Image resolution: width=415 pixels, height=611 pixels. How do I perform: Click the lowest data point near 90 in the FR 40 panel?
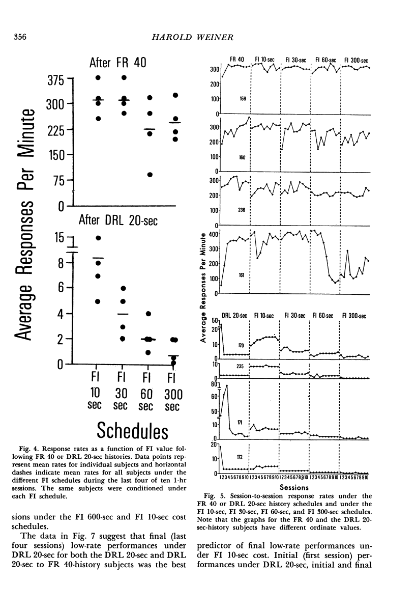point(149,175)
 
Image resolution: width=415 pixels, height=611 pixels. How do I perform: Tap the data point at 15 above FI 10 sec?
point(98,238)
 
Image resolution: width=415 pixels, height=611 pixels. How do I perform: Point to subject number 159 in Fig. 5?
point(243,99)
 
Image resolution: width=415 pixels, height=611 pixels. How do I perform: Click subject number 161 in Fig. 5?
point(243,275)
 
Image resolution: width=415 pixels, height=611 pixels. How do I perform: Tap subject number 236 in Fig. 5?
point(243,209)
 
